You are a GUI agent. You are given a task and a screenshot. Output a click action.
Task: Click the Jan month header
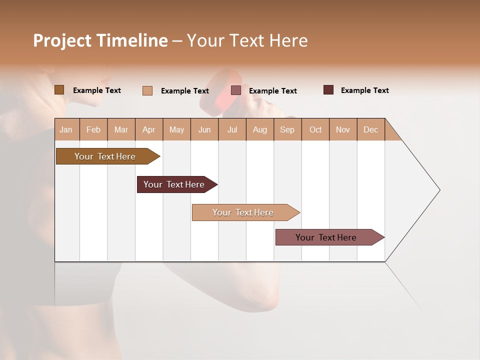[66, 129]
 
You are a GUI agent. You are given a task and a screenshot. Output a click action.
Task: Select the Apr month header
[148, 129]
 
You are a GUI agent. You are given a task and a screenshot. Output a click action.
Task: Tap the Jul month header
[232, 129]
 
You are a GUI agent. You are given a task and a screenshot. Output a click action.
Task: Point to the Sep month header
[287, 129]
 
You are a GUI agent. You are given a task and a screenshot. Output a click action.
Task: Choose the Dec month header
[370, 129]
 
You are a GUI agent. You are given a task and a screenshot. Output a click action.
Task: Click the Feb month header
[93, 129]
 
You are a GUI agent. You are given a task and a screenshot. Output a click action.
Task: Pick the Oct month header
[315, 129]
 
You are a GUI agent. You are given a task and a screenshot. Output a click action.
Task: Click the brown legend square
[59, 90]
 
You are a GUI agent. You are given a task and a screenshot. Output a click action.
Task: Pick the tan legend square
[147, 90]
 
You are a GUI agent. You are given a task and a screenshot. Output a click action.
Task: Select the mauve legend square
[236, 90]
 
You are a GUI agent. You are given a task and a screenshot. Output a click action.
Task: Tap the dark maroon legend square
[328, 90]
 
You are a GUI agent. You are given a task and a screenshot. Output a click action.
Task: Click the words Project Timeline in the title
[100, 40]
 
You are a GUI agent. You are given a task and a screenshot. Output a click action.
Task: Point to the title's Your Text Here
[247, 40]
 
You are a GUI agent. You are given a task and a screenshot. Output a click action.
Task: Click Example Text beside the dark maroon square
[364, 90]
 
